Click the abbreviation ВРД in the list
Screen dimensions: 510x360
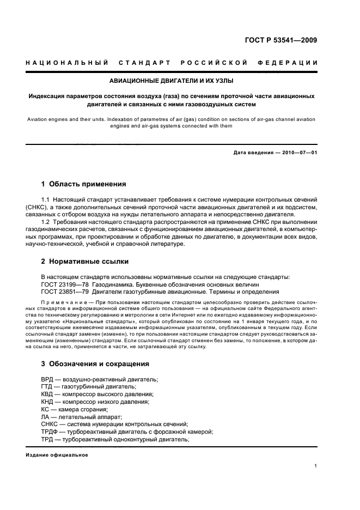coord(48,379)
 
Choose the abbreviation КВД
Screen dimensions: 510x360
coord(48,394)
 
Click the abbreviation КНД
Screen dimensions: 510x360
coord(48,402)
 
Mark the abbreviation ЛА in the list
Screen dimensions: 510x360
coord(46,417)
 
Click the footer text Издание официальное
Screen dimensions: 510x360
coord(57,455)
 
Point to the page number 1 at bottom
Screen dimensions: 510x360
coord(316,466)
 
